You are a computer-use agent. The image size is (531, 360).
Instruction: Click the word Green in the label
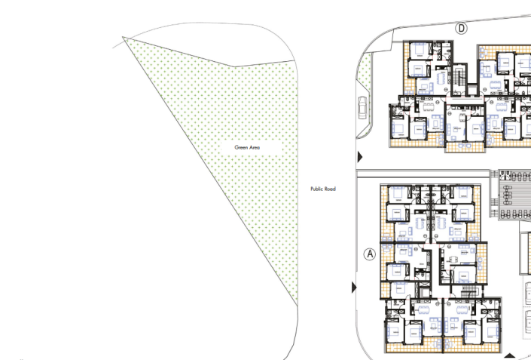pos(241,147)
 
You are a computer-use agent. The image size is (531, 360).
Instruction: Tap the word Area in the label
pos(254,147)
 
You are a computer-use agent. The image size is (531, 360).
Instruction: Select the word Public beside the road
pos(317,189)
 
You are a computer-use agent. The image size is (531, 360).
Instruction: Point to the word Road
pos(330,189)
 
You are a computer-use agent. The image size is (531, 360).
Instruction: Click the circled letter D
pos(461,29)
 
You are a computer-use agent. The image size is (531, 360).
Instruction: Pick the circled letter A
pos(370,254)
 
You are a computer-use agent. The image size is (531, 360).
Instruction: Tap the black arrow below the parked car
pos(360,157)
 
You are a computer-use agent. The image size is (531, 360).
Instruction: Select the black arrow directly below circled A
pos(354,288)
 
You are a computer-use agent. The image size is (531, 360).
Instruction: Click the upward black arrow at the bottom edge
pos(510,356)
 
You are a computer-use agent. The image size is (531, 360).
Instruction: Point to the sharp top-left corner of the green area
pos(124,38)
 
